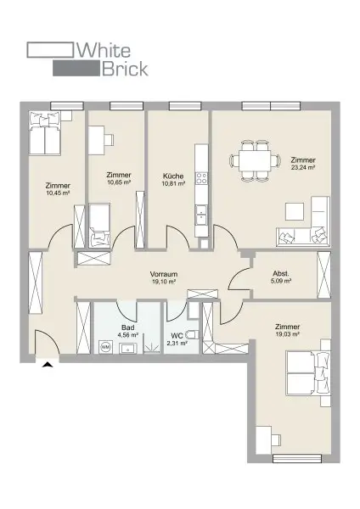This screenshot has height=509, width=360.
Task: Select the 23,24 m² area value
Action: click(x=303, y=168)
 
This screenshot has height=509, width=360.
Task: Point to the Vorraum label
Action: click(x=163, y=275)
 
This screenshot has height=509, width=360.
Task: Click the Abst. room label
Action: click(x=281, y=273)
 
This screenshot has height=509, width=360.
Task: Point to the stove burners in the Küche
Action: click(x=202, y=179)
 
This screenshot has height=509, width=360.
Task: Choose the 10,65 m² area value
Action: click(x=119, y=182)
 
